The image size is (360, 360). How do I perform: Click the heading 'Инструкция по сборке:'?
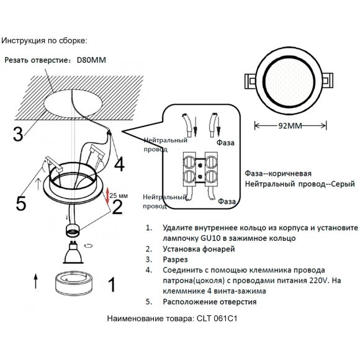point(44,40)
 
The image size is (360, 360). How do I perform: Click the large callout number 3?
point(19,133)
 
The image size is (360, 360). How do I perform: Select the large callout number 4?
point(119,163)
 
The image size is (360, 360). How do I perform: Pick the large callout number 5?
point(20,202)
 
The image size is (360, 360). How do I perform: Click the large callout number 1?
point(111,285)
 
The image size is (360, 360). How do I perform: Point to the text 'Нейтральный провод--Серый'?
point(300,184)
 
